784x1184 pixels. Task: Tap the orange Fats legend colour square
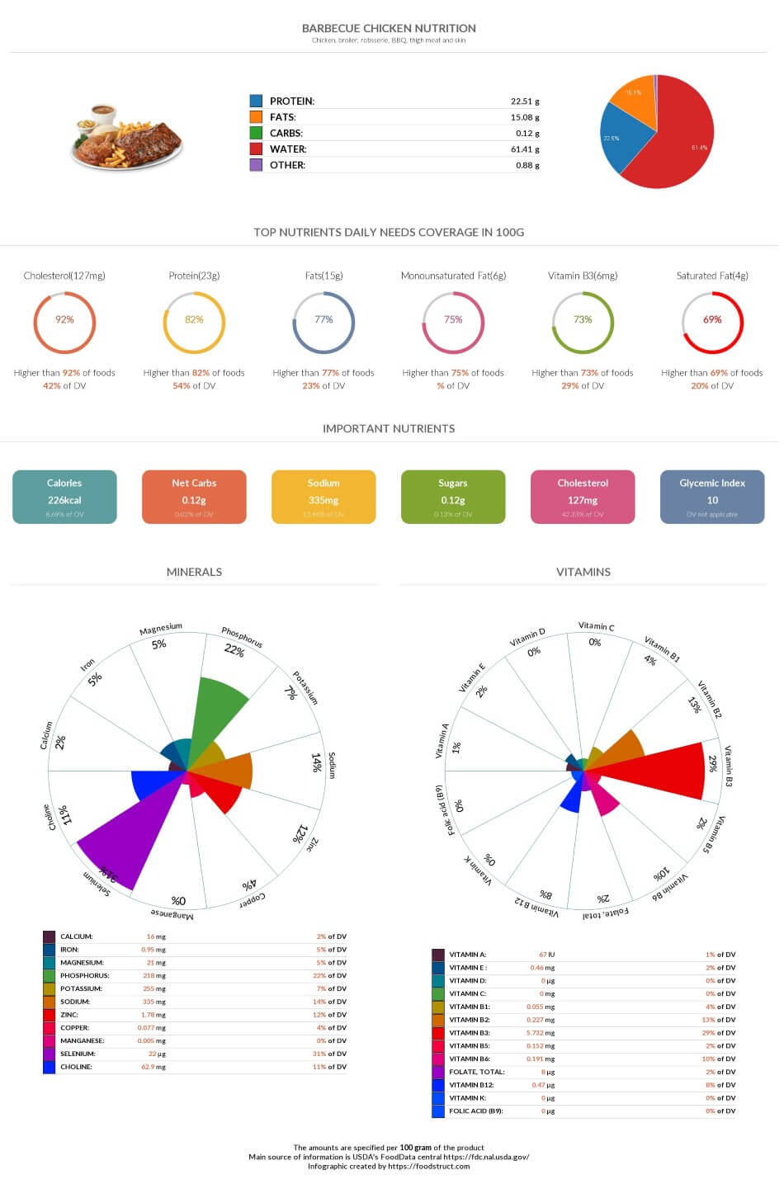tap(256, 117)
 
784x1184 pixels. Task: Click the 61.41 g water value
tap(525, 149)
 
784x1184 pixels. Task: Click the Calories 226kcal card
tap(64, 497)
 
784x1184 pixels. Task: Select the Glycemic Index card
tap(712, 497)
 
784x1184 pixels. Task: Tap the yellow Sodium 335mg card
tap(324, 497)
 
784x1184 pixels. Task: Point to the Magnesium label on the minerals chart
tap(161, 630)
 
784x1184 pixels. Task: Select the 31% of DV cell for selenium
tap(329, 1054)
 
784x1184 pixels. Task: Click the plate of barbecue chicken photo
tap(126, 136)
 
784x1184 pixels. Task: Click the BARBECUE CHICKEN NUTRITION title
tap(389, 28)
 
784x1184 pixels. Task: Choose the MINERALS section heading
tap(194, 572)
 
